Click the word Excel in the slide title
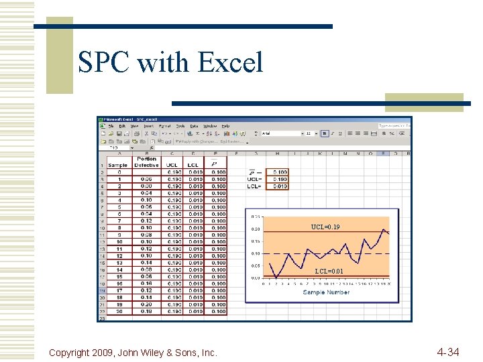230,63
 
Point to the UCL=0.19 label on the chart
325,227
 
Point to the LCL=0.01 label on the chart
328,271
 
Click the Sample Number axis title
326,292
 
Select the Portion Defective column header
146,162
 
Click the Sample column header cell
118,165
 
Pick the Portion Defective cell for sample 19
146,304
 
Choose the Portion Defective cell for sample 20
146,311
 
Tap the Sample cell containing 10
119,241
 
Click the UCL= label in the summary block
254,179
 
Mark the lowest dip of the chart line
276,278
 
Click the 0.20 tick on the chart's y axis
256,229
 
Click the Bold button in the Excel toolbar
323,133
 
